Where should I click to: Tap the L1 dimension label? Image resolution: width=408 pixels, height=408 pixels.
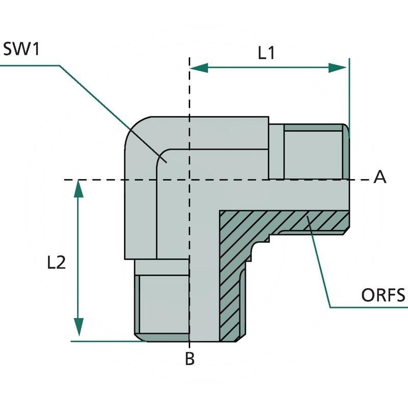(x=266, y=53)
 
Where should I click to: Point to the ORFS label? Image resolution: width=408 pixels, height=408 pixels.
(x=382, y=295)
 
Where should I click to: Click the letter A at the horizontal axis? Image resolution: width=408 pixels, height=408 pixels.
(x=380, y=177)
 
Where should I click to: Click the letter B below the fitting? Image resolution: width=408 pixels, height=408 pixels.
(x=189, y=359)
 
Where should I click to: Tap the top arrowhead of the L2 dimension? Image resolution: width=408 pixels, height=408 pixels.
(x=78, y=188)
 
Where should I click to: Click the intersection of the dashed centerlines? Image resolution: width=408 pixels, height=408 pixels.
(x=189, y=180)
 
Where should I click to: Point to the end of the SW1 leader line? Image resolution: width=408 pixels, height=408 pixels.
(x=165, y=161)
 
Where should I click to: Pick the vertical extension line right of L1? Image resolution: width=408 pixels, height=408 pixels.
(x=349, y=92)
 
